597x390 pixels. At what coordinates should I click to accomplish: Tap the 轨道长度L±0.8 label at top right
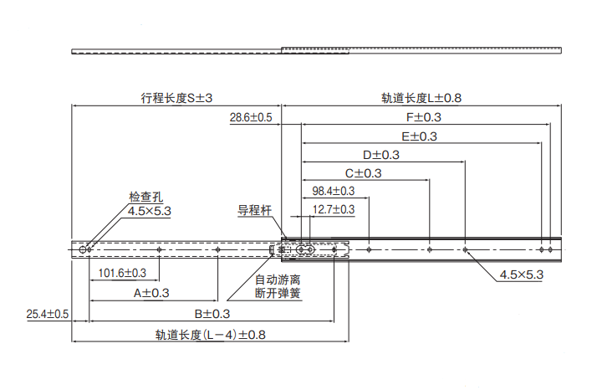[x=421, y=98]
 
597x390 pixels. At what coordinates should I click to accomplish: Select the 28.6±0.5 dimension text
[x=252, y=118]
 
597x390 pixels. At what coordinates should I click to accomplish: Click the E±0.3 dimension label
[x=419, y=136]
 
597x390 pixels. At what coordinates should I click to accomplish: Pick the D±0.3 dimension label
[x=381, y=155]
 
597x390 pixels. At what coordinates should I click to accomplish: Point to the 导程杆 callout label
[x=255, y=210]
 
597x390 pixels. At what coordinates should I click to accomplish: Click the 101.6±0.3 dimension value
[x=123, y=274]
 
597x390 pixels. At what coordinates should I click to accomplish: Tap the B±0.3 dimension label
[x=212, y=314]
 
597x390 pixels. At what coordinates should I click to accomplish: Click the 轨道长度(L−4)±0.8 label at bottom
[x=210, y=335]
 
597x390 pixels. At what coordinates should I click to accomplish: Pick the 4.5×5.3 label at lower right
[x=522, y=275]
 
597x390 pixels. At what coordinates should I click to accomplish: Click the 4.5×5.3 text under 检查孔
[x=150, y=212]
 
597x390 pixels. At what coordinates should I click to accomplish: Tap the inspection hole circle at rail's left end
[x=83, y=249]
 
